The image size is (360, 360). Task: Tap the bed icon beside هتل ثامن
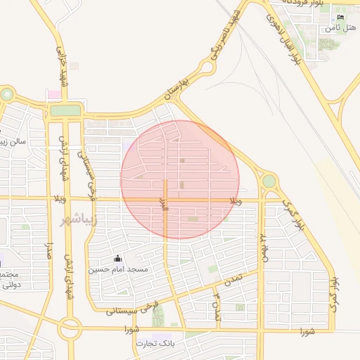341,17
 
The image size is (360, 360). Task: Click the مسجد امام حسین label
118,269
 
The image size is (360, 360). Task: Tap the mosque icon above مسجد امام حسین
117,258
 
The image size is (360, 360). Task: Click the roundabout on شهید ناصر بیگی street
206,68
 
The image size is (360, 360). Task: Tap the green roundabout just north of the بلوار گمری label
269,181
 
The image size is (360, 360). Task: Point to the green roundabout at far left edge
6,94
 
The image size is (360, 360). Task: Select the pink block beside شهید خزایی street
53,94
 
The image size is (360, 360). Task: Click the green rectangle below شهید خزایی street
65,110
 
